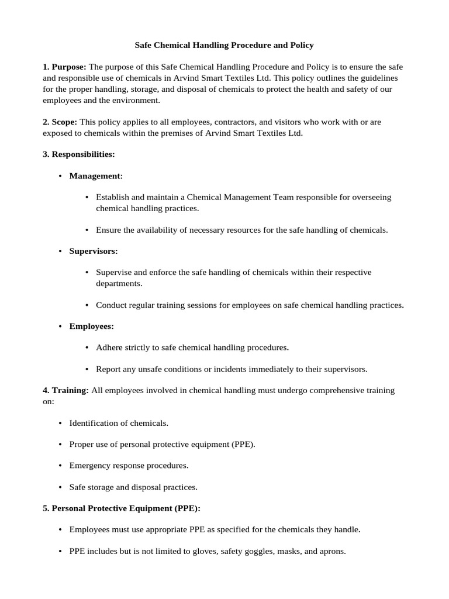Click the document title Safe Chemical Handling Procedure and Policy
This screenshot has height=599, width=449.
pos(224,44)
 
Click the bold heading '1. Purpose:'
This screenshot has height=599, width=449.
pos(64,67)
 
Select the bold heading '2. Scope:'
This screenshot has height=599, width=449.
pos(60,122)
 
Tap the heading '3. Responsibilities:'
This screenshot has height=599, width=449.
pos(78,154)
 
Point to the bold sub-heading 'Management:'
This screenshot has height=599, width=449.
pos(96,175)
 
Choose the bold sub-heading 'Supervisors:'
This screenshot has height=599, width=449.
pos(94,251)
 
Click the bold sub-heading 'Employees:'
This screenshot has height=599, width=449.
pos(91,326)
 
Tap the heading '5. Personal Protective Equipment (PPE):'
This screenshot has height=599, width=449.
pos(121,508)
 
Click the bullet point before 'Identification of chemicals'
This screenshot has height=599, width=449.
pos(61,423)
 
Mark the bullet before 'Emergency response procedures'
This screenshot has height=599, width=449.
pos(61,466)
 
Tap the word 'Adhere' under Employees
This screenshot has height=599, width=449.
pos(109,347)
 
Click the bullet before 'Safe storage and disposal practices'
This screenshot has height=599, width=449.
pos(61,487)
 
